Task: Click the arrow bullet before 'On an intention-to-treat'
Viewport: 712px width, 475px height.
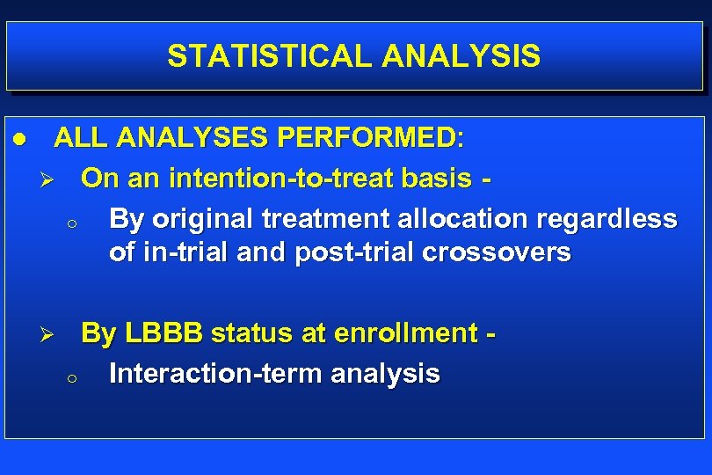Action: (x=50, y=179)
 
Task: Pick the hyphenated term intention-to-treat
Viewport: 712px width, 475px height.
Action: (x=286, y=179)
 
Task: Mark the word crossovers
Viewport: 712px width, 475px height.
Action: (x=497, y=253)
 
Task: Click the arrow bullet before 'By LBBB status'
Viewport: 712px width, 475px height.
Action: (x=50, y=335)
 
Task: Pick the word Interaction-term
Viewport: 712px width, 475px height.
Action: (x=215, y=373)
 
